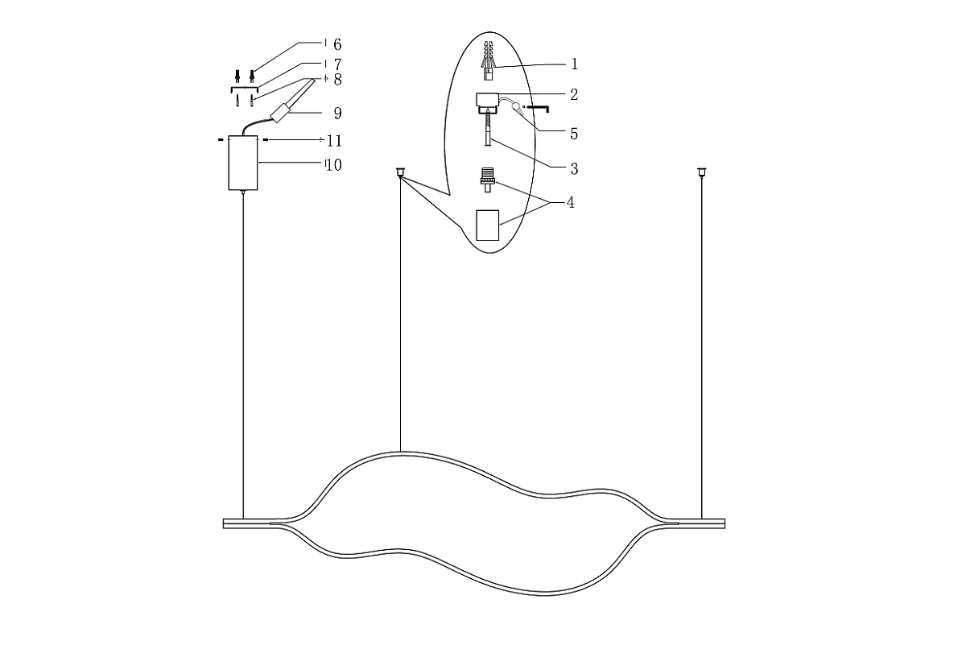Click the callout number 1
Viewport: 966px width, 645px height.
[x=574, y=64]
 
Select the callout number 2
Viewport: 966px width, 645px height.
[x=574, y=94]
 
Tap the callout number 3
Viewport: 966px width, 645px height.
[x=574, y=168]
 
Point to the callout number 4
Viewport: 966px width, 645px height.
[x=571, y=202]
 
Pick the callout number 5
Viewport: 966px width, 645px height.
[x=574, y=134]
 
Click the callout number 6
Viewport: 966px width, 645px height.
[x=337, y=44]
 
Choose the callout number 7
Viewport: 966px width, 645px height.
[x=337, y=64]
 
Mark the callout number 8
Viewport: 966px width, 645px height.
[x=337, y=80]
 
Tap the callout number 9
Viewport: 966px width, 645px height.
[x=337, y=113]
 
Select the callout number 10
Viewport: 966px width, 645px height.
[x=334, y=165]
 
